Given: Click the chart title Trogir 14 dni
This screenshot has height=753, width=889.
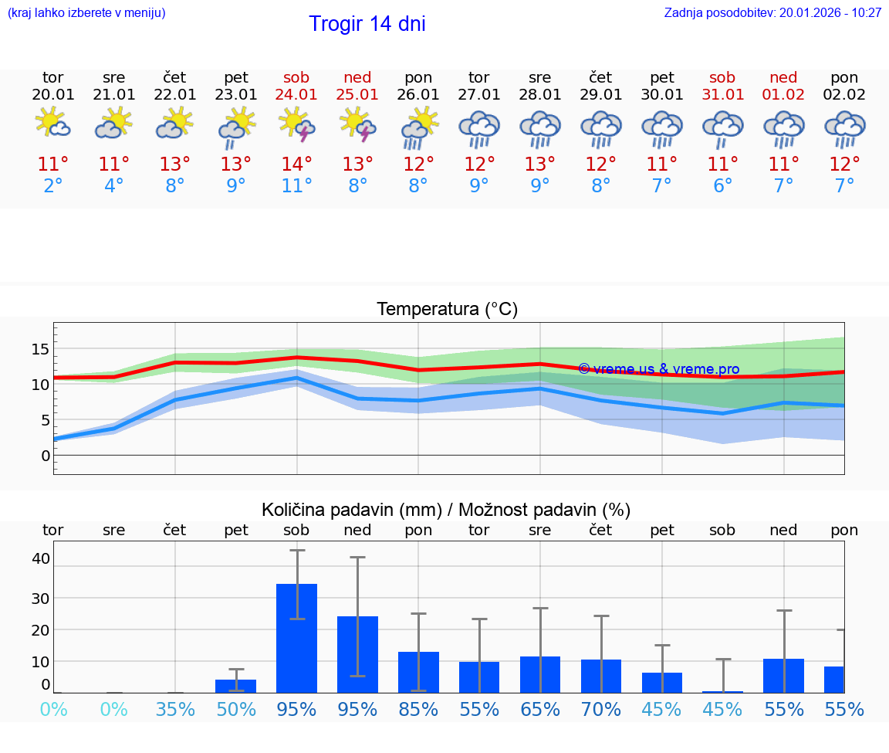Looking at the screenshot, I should [x=367, y=24].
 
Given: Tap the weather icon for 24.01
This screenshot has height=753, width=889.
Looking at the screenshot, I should [x=296, y=126].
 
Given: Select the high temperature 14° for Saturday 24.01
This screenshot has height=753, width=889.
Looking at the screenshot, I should [x=296, y=165].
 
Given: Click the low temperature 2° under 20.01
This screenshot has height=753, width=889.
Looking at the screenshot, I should [x=53, y=186].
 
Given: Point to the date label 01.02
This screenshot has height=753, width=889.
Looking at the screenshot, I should [x=783, y=95].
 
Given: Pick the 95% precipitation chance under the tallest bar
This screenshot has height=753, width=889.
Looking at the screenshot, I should [x=296, y=709].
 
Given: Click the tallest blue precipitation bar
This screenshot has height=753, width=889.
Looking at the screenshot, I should [x=296, y=638].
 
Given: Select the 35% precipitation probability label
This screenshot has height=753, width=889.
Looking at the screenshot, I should [x=175, y=709].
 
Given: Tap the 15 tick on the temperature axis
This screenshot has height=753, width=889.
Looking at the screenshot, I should [x=40, y=349].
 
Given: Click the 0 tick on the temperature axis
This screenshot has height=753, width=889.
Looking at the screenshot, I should [x=45, y=456].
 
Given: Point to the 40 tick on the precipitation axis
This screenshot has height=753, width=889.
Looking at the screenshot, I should [x=40, y=558].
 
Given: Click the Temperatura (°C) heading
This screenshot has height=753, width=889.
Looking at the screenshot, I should [x=447, y=310].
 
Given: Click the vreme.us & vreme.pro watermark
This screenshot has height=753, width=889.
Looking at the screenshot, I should [x=659, y=369].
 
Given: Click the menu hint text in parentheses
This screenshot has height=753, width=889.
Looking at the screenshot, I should [x=86, y=13].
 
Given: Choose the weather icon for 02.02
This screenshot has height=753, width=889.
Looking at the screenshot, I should [x=844, y=127].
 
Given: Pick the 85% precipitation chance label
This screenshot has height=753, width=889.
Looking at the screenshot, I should [x=418, y=709].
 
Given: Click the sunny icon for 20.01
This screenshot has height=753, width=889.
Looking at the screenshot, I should [x=53, y=124].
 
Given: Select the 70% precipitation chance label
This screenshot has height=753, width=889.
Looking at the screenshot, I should [x=601, y=709].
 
